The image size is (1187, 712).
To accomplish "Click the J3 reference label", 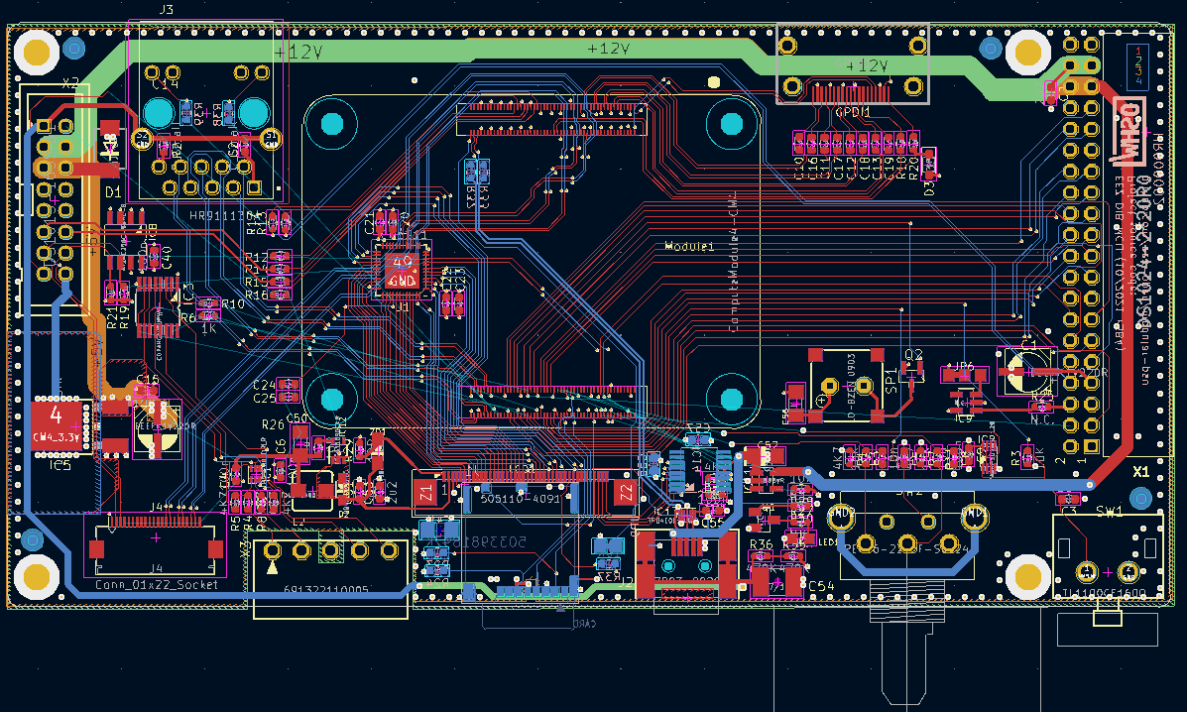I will [167, 9].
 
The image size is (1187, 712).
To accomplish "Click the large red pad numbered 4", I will [56, 415].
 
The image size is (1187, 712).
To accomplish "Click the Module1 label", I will [689, 246].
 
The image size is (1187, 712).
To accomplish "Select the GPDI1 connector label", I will [852, 113].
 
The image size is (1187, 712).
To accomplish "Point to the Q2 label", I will [913, 354].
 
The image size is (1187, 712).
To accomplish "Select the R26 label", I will [273, 424].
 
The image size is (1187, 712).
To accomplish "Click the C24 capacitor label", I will [264, 385].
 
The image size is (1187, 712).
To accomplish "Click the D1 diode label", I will [112, 191].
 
